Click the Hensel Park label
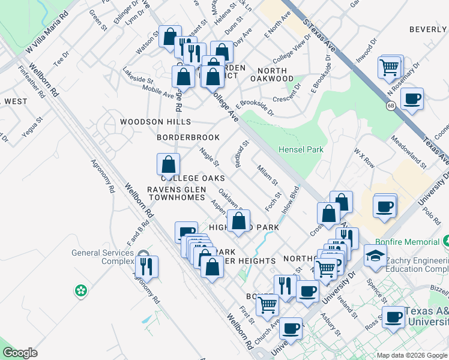click(x=301, y=149)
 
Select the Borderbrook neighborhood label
click(x=188, y=137)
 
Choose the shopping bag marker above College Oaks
click(x=169, y=163)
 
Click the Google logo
click(x=20, y=353)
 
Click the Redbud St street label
click(x=242, y=154)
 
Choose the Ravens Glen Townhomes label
click(x=177, y=193)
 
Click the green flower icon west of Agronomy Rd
click(x=80, y=291)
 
